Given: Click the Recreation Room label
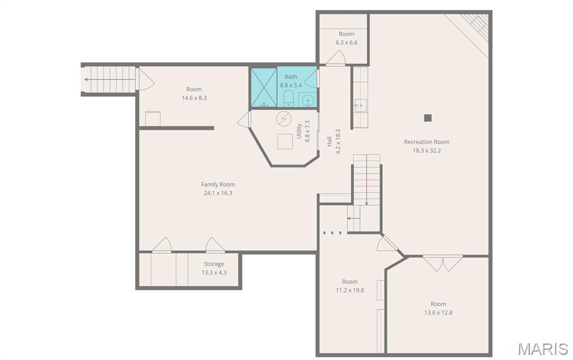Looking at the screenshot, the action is click(426, 142).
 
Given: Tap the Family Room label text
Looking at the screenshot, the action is click(218, 185).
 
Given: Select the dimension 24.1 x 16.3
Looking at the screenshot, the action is click(218, 193).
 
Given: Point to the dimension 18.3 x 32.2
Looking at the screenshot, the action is click(426, 150).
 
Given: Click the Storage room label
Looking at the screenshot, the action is click(214, 264).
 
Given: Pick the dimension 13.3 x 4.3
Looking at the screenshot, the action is click(214, 272).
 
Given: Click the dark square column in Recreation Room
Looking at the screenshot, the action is click(428, 118).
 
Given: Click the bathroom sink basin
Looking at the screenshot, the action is click(308, 100).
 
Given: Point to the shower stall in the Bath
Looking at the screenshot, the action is click(264, 87).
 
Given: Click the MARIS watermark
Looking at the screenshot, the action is click(543, 349).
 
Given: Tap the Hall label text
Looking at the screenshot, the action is click(329, 142).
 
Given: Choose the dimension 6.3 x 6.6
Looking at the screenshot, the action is click(346, 43).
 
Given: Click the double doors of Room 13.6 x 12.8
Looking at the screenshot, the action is click(443, 263).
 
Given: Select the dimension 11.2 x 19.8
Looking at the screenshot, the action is click(350, 290).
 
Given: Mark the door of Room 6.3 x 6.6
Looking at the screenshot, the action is click(336, 58).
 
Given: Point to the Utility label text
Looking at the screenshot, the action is click(299, 131).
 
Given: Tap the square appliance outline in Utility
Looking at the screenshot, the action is click(285, 142).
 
